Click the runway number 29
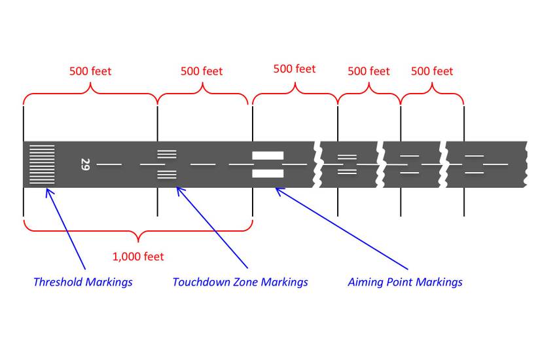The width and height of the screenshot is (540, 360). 85,164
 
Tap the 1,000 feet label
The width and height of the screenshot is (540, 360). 138,257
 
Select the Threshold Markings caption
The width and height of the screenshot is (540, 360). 82,282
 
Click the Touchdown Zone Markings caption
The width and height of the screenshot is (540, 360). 240,282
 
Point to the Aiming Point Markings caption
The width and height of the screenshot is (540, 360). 405,282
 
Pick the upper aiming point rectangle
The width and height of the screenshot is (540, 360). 268,156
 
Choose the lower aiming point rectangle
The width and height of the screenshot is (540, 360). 268,173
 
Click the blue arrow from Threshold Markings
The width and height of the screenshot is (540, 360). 65,228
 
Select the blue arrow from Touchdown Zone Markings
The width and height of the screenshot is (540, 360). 213,228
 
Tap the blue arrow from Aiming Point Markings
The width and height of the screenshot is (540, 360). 340,228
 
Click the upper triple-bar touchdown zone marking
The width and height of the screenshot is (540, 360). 167,155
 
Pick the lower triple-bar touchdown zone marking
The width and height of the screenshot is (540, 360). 167,174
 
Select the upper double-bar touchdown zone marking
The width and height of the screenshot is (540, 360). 347,157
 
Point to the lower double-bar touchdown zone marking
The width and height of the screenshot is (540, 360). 347,171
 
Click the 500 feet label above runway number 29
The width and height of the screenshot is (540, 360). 90,71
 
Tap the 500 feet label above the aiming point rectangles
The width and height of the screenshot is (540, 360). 295,69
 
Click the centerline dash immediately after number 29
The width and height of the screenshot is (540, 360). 109,164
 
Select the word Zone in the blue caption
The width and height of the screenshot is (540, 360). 245,282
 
